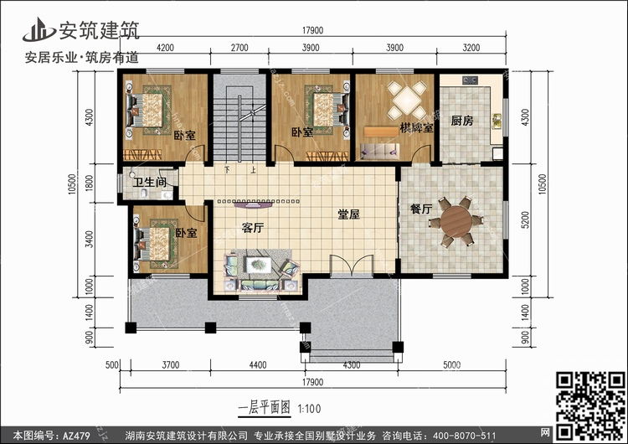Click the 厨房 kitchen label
(461, 121)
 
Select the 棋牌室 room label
(416, 128)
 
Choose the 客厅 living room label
(253, 227)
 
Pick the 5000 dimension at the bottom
(451, 365)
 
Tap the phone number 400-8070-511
(461, 436)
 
